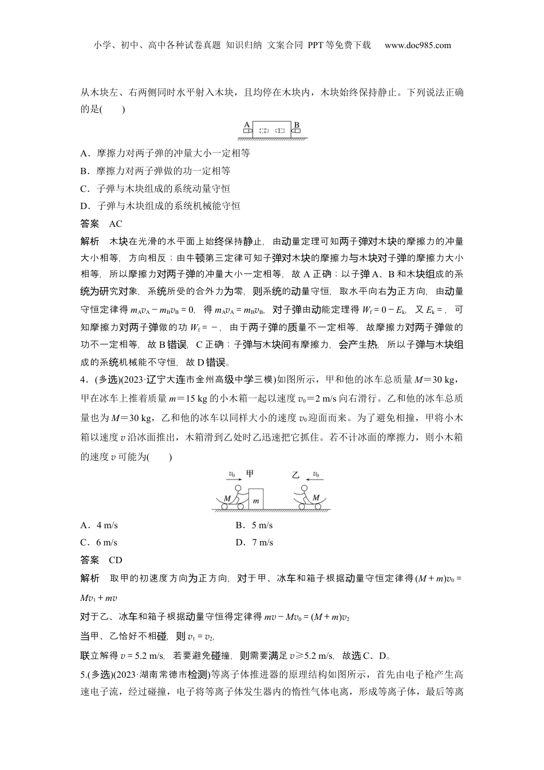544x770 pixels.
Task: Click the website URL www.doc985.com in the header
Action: pos(417,45)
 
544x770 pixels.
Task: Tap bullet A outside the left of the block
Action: pos(247,131)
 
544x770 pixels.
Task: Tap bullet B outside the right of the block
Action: pos(296,131)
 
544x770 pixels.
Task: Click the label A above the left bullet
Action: pos(246,124)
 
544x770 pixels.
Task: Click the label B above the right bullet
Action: pos(297,124)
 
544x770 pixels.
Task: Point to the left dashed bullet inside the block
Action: pos(265,131)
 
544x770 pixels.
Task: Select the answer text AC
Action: pos(115,224)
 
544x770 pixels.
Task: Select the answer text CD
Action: pos(115,560)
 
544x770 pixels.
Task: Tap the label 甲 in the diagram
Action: pos(250,473)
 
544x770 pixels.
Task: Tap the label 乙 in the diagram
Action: pos(295,475)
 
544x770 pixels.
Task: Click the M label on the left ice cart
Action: pos(227,498)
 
